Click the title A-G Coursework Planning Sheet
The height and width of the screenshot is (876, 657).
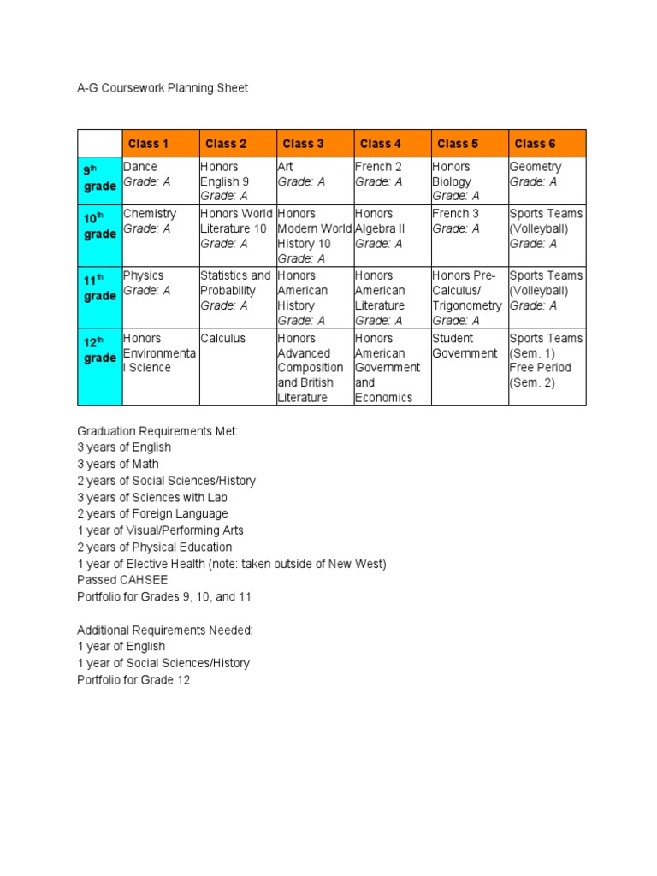[x=163, y=88]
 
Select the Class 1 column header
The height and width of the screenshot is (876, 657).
[x=148, y=144]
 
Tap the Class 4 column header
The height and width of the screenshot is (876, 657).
[x=381, y=144]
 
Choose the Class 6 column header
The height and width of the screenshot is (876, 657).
[x=535, y=144]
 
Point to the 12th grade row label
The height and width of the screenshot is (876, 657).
[x=99, y=351]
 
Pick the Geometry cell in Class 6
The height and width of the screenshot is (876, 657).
[x=536, y=174]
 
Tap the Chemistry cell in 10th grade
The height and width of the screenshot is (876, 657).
[x=151, y=221]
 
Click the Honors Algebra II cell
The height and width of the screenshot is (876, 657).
[x=380, y=228]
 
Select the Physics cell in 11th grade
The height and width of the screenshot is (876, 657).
[x=147, y=283]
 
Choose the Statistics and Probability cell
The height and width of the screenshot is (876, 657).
[x=235, y=290]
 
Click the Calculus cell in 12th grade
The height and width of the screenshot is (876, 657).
[x=223, y=339]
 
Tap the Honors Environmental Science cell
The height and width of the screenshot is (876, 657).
[x=151, y=352]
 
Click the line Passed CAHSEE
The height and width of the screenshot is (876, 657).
[x=122, y=580]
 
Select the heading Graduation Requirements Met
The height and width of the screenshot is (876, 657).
[x=157, y=431]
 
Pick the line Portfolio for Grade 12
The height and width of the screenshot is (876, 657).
[x=133, y=680]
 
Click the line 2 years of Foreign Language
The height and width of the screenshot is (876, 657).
[x=152, y=514]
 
